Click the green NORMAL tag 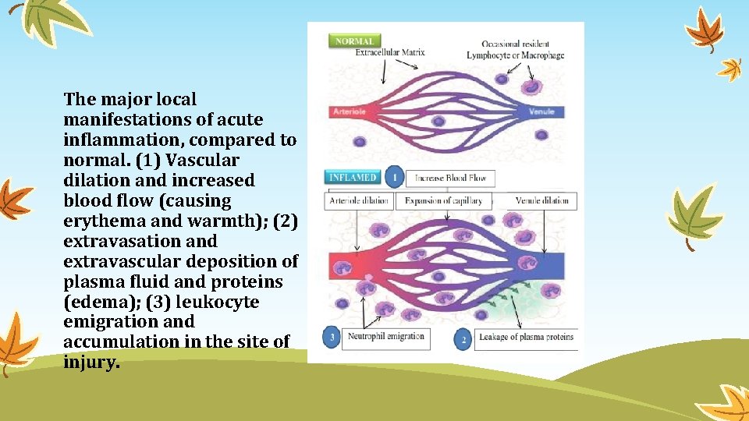355,41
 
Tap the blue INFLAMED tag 353,178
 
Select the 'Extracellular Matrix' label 390,53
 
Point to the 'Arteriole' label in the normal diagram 350,111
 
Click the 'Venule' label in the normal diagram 541,111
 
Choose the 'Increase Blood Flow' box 450,179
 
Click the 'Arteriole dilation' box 359,201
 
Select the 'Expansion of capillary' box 443,201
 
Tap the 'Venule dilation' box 542,201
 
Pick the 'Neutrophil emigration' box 386,337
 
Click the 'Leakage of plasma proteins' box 527,338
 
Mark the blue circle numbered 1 394,179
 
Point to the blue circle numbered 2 463,339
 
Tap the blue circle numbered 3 332,338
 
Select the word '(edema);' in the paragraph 96,302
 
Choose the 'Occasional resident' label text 515,44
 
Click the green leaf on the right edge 695,212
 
